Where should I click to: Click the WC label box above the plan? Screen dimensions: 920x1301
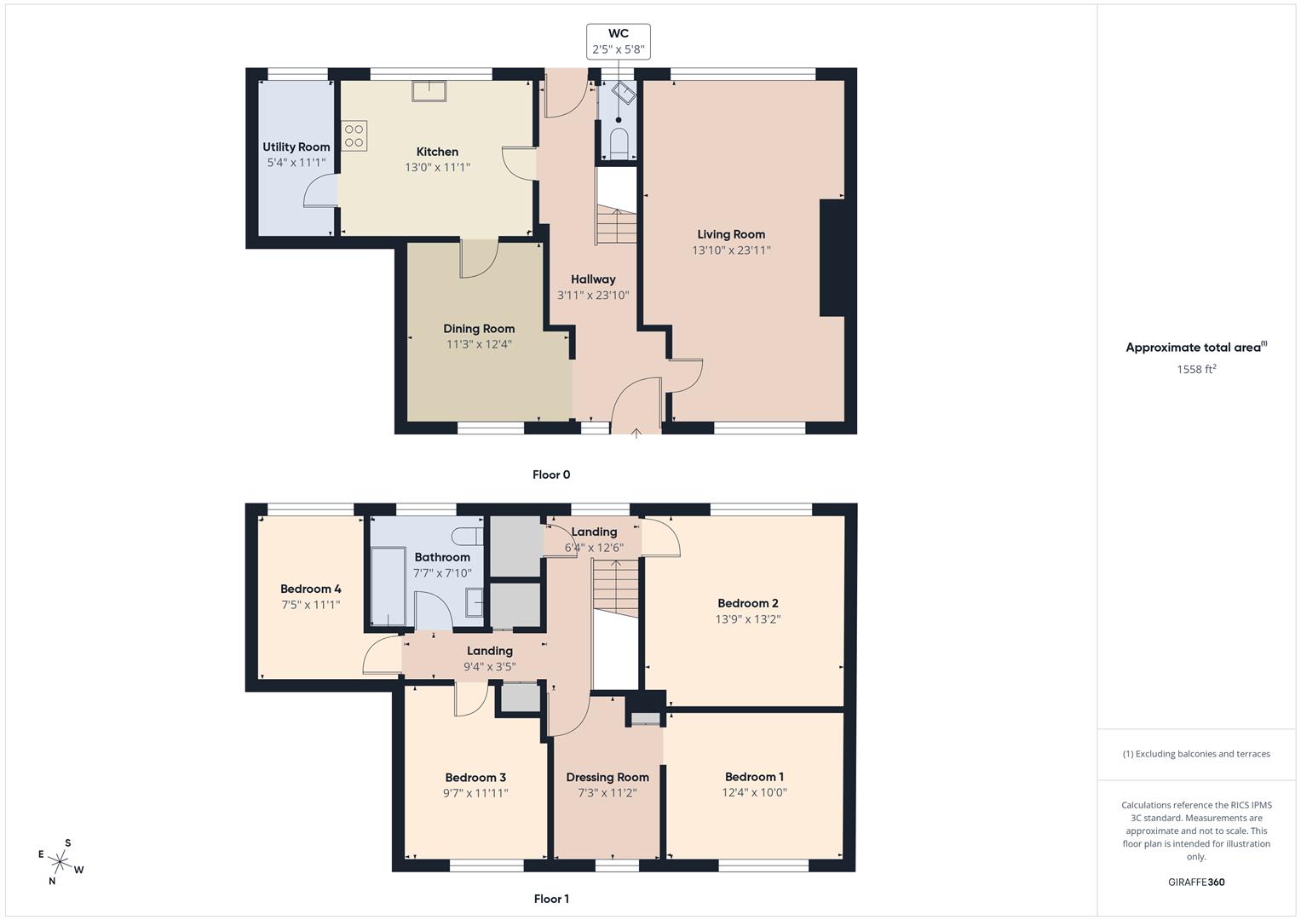coord(618,42)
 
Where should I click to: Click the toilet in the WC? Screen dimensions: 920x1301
coord(619,142)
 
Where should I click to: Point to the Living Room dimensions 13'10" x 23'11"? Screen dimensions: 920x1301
coord(731,250)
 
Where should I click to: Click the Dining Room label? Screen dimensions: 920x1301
coord(479,329)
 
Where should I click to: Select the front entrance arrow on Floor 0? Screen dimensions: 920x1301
coord(636,434)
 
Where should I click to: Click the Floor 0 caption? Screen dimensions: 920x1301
coord(551,474)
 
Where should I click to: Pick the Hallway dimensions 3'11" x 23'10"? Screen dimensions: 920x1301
coord(593,296)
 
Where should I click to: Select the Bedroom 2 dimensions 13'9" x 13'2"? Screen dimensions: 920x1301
coord(747,619)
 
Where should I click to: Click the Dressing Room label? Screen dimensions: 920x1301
coord(607,777)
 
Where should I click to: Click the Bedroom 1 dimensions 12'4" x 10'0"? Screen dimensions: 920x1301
coord(754,792)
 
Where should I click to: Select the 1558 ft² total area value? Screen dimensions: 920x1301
coord(1196,370)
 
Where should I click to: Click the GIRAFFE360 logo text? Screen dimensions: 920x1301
coord(1196,883)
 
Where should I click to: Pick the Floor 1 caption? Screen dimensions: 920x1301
coord(551,899)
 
